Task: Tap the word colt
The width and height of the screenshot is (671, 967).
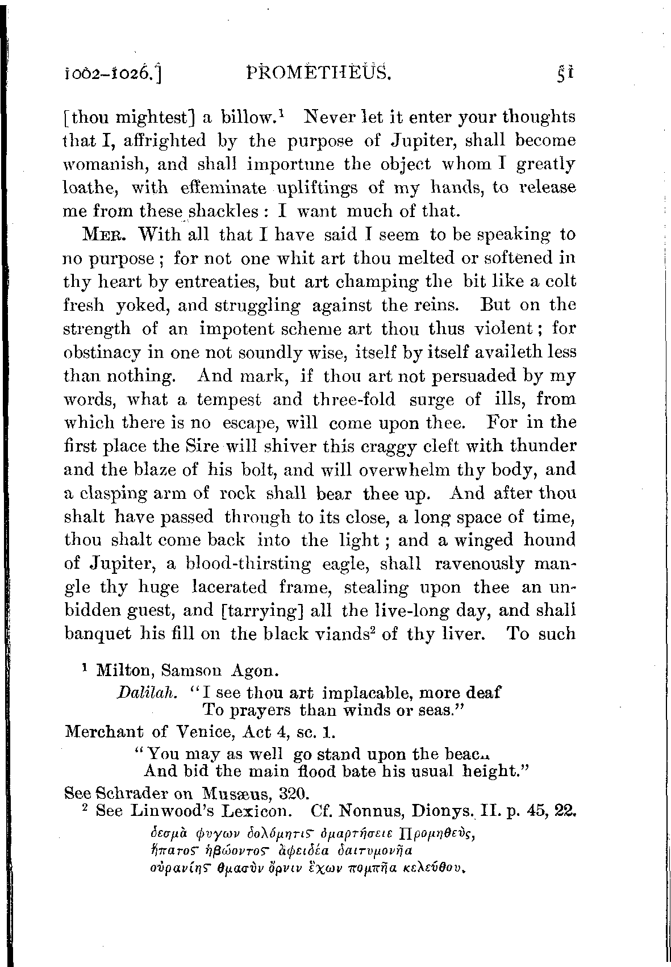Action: tap(560, 281)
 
